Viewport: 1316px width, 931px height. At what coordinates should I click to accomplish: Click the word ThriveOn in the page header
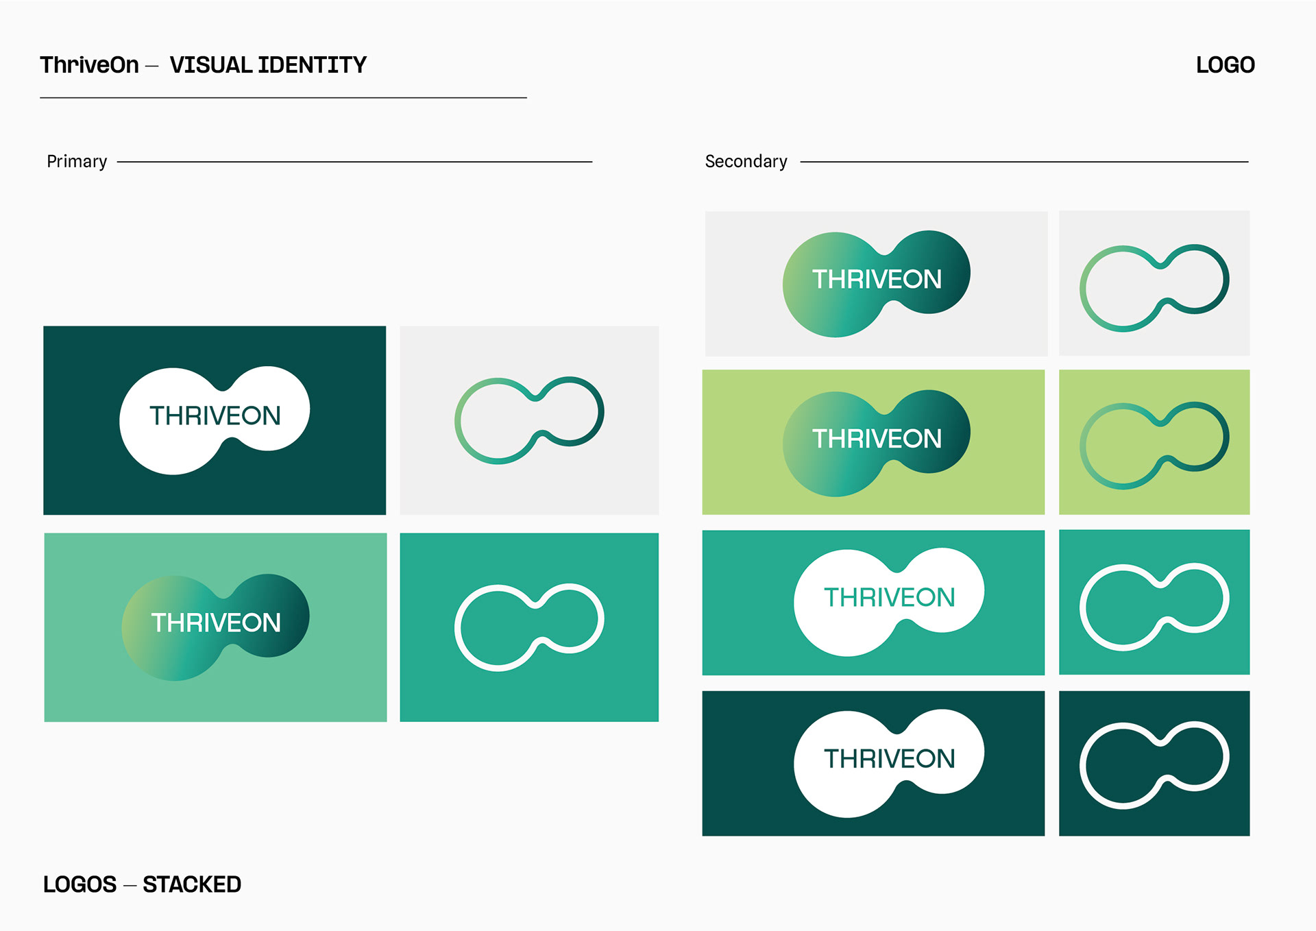[89, 65]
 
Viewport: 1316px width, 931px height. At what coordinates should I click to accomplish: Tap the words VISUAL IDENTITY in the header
[268, 65]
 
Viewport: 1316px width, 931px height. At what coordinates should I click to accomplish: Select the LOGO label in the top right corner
[1225, 65]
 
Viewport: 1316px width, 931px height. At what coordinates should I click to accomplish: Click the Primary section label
[77, 162]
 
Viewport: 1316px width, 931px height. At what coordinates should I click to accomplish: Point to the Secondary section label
[746, 162]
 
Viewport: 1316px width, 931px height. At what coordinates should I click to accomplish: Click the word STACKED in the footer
[192, 884]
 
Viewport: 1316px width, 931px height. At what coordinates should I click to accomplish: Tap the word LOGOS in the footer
[80, 884]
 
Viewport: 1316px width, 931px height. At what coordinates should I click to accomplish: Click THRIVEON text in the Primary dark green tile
[215, 416]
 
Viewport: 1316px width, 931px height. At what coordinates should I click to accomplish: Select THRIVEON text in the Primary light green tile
[215, 623]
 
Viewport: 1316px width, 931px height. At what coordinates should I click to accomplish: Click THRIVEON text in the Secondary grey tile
[877, 280]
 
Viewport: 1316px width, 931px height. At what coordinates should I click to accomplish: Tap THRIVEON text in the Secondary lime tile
[877, 439]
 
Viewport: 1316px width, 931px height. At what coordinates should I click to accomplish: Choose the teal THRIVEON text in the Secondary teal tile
[889, 598]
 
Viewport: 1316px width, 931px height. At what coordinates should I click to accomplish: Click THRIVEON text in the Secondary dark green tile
[889, 759]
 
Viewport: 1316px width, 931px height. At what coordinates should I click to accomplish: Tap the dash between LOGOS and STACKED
[130, 886]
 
